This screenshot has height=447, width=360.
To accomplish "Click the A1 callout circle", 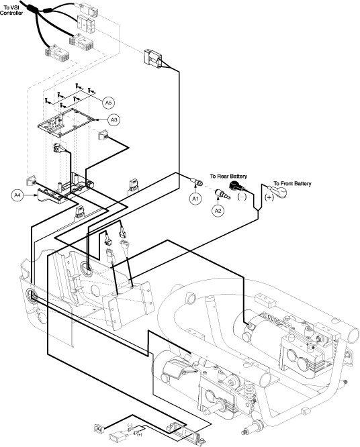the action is click(x=195, y=199).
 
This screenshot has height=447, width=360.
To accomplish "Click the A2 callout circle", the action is click(x=218, y=211).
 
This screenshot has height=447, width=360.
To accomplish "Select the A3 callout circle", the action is click(x=114, y=119).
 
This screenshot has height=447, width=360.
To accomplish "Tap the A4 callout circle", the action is click(x=17, y=195).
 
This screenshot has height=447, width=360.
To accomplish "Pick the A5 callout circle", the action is click(x=108, y=102).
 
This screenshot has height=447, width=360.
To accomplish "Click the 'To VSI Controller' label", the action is click(x=11, y=10).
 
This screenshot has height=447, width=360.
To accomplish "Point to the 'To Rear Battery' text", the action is click(x=228, y=176).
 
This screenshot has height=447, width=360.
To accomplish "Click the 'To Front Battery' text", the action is click(x=292, y=184).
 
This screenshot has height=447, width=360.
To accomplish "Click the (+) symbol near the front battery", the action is click(x=269, y=197).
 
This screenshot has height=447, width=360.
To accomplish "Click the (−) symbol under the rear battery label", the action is click(x=242, y=197).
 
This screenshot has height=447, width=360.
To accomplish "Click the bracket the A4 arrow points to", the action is click(x=53, y=196).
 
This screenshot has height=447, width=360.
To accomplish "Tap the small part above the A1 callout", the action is click(x=197, y=182).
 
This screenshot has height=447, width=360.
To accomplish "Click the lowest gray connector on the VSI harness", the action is click(x=57, y=54).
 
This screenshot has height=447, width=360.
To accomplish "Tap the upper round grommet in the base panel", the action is click(x=87, y=268).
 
